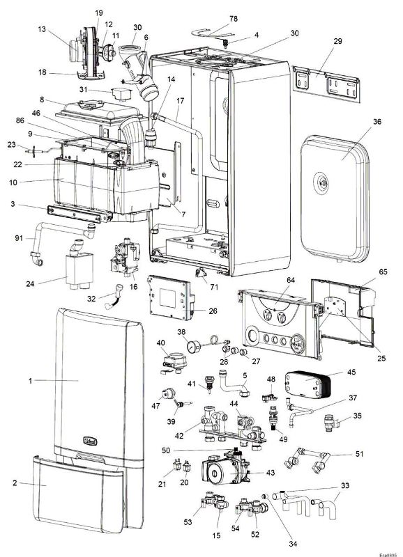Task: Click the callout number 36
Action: pos(377,121)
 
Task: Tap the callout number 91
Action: pos(20,237)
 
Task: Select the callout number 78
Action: pos(234,19)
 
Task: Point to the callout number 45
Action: pos(351,372)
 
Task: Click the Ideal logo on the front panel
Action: pos(90,441)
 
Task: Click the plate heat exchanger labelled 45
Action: pos(308,385)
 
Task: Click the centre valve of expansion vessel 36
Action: pos(324,183)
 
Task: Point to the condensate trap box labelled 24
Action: pos(79,268)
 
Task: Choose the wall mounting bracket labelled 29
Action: pos(326,84)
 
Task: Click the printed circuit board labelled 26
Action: pos(171,297)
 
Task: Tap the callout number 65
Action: pos(383,272)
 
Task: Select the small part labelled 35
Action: pos(331,423)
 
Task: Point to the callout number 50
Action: pos(166,450)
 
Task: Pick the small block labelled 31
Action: pos(121,94)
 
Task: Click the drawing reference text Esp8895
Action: pos(388,554)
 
